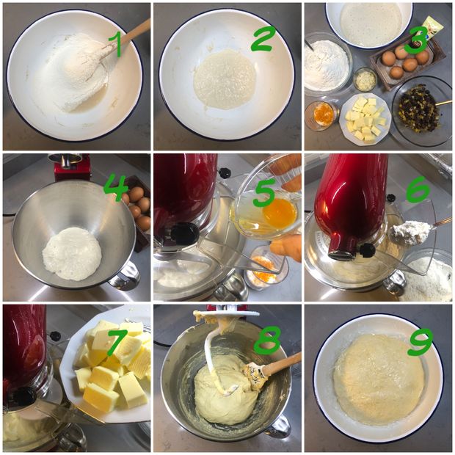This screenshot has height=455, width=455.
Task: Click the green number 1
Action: tap(116, 44)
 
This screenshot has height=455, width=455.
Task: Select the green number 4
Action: tap(115, 189)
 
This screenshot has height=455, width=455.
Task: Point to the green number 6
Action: tap(418, 189)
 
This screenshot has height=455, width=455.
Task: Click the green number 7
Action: tap(117, 341)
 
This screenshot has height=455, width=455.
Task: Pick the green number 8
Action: tap(266, 340)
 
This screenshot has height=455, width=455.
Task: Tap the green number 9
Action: tap(419, 342)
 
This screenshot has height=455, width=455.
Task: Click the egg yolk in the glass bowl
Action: tap(280, 209)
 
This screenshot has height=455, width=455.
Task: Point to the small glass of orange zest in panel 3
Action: tap(321, 115)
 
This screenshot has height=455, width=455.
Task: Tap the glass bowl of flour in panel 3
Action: tap(328, 62)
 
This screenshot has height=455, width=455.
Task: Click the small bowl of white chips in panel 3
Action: tap(365, 79)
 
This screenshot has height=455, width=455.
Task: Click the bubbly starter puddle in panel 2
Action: tap(225, 78)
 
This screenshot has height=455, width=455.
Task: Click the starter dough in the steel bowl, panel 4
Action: tap(72, 254)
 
